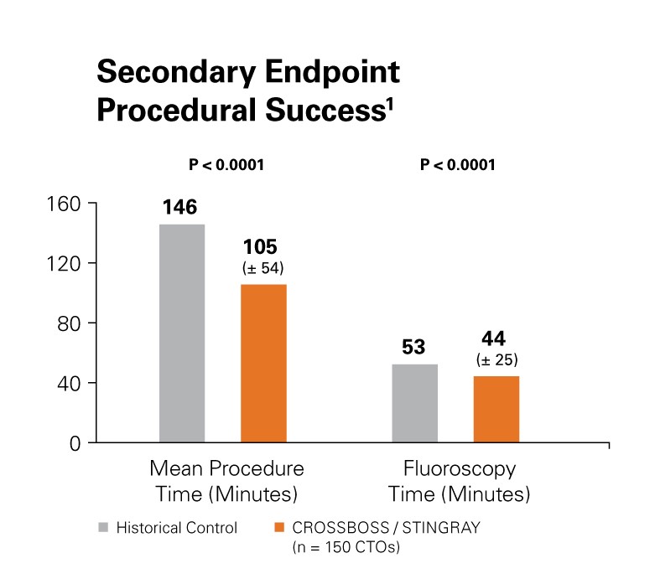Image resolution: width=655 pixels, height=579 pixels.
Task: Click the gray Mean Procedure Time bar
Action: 182,333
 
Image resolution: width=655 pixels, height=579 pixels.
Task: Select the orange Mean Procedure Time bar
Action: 263,363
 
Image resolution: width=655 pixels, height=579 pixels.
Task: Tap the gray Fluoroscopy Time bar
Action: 415,403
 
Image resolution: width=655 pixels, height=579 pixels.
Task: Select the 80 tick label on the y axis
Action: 66,323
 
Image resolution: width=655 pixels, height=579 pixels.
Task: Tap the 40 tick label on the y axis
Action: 66,383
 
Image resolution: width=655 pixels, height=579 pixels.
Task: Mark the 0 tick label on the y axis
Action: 73,443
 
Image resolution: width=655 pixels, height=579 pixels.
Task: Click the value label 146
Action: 181,207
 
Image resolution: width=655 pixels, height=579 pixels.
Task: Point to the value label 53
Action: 415,346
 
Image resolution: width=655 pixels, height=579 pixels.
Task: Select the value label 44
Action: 496,339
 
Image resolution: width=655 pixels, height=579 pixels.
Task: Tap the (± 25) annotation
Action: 496,360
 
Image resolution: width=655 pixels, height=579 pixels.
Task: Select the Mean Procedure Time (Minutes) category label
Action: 226,480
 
